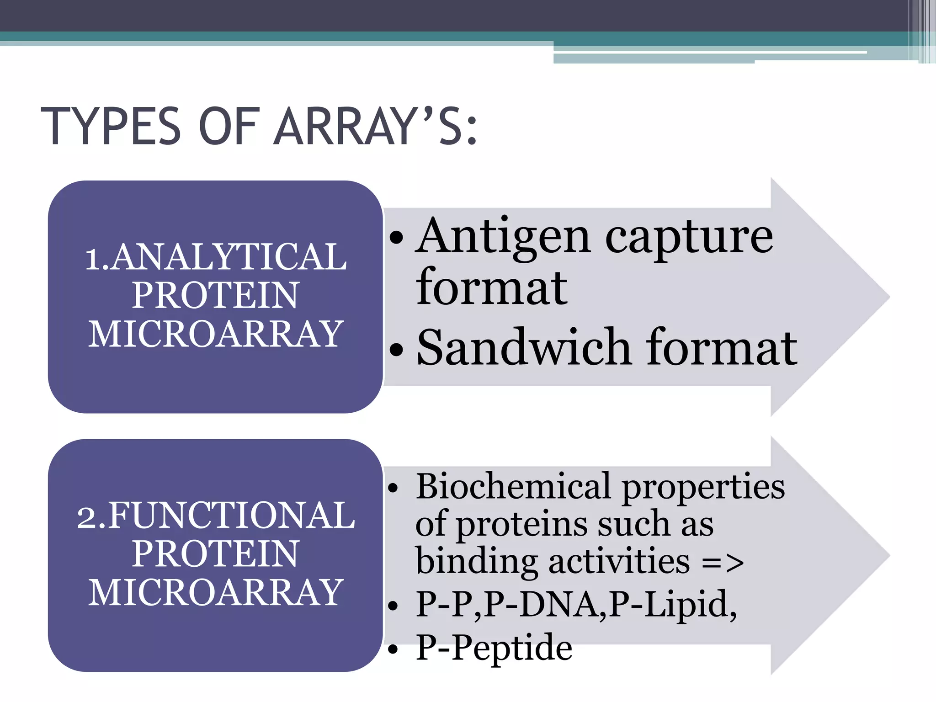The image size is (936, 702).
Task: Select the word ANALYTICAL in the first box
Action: click(229, 257)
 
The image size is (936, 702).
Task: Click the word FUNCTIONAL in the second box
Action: click(231, 516)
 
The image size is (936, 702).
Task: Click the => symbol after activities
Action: click(723, 563)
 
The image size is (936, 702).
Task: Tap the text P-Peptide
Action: click(494, 648)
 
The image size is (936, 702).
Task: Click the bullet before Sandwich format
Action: click(397, 350)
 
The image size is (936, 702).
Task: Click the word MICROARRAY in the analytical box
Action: click(216, 334)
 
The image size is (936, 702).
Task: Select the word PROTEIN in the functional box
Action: click(216, 554)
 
